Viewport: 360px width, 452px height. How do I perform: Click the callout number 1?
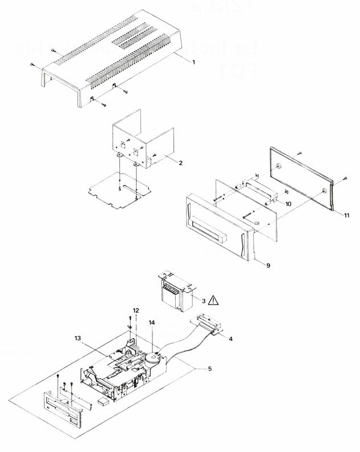click(x=194, y=61)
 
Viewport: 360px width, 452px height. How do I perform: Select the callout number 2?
click(x=180, y=163)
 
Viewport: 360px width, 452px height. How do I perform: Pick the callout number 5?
click(x=210, y=369)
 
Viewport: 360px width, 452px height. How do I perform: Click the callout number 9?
click(x=260, y=264)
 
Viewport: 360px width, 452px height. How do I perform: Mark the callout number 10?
click(x=288, y=203)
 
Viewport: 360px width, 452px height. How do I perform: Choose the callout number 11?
click(x=346, y=214)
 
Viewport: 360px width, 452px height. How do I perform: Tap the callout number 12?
click(x=135, y=310)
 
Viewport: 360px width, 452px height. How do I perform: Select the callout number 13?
click(x=78, y=338)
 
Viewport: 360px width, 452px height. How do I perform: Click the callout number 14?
click(x=152, y=323)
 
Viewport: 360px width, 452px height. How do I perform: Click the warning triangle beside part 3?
click(x=215, y=299)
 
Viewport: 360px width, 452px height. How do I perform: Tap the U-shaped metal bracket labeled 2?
click(x=142, y=142)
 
